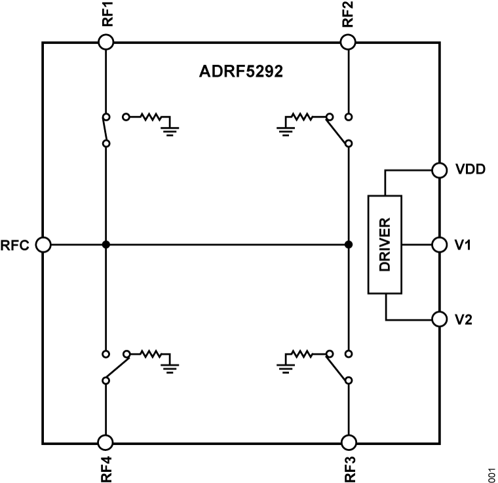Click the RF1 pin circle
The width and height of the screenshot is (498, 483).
tap(105, 42)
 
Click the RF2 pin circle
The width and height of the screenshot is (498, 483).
tap(349, 42)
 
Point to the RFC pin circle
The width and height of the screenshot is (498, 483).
tap(43, 244)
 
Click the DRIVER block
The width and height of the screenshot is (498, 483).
tap(385, 244)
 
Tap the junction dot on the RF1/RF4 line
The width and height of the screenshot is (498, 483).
tap(105, 244)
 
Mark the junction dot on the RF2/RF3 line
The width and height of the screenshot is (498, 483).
tap(349, 244)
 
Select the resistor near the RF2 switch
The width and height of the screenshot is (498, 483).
tap(303, 117)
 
